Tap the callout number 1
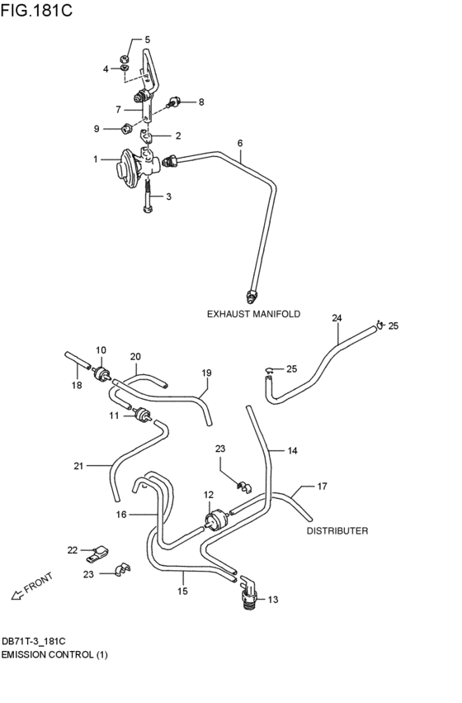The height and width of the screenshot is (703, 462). [96, 159]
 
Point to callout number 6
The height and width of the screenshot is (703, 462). [240, 143]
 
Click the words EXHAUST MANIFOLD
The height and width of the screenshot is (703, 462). [253, 314]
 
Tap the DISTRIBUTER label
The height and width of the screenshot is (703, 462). [337, 531]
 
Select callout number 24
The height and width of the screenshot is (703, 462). [337, 318]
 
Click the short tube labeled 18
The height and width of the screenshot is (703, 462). [76, 361]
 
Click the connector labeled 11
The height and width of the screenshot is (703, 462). [141, 415]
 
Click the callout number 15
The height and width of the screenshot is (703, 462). [182, 591]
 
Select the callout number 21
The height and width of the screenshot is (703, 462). [78, 466]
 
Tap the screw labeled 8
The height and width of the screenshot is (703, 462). [175, 103]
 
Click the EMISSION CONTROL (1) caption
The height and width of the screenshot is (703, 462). [54, 655]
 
